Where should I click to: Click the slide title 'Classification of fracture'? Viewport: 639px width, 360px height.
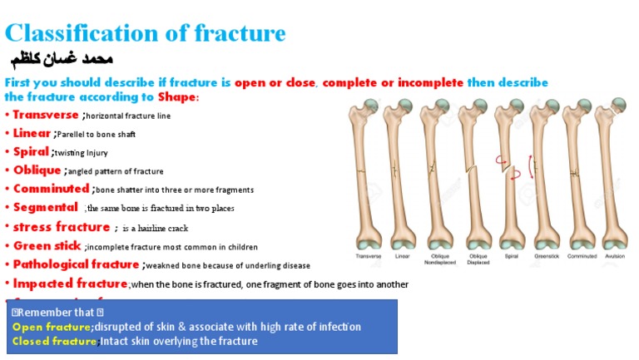pos(146,33)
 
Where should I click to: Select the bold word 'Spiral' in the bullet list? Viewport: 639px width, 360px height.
pos(32,152)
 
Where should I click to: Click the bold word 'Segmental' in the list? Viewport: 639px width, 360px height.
pos(46,207)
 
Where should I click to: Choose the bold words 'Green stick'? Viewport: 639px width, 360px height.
pos(47,246)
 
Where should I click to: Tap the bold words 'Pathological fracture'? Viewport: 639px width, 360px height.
pos(76,264)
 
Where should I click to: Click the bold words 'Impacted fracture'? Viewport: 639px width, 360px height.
pos(70,284)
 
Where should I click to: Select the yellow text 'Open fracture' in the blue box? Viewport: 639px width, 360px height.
pos(51,327)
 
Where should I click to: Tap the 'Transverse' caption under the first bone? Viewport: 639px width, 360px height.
pos(369,257)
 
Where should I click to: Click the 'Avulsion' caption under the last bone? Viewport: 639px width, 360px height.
pos(616,257)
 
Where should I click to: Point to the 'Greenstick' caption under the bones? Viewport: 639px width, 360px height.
pos(546,257)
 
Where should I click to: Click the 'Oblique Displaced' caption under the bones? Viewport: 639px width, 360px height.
pos(478,260)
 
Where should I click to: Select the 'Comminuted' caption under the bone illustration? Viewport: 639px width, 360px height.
pos(582,257)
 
